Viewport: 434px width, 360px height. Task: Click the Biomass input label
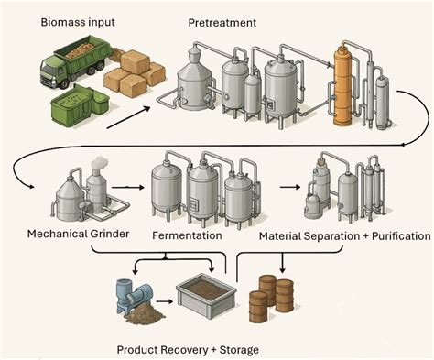click(x=78, y=23)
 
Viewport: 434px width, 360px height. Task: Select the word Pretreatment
click(x=222, y=23)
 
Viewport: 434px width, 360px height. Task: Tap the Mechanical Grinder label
click(x=78, y=235)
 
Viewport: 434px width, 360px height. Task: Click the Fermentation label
click(x=187, y=235)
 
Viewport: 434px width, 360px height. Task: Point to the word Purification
click(x=401, y=236)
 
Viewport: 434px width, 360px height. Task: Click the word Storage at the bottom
click(x=239, y=350)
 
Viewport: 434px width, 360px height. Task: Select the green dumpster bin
click(x=80, y=104)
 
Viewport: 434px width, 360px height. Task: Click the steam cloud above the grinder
click(x=99, y=162)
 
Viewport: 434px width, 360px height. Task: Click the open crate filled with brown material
click(x=206, y=295)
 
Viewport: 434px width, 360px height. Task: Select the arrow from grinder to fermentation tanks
click(x=127, y=187)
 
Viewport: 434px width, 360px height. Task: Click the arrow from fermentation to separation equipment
click(x=290, y=187)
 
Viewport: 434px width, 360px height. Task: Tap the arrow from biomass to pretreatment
click(x=128, y=117)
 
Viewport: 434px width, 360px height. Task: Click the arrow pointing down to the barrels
click(x=283, y=263)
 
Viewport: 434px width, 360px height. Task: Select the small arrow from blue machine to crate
click(x=164, y=301)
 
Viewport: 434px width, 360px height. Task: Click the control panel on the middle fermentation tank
click(x=193, y=204)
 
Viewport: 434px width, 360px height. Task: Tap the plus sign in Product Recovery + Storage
click(x=213, y=350)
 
